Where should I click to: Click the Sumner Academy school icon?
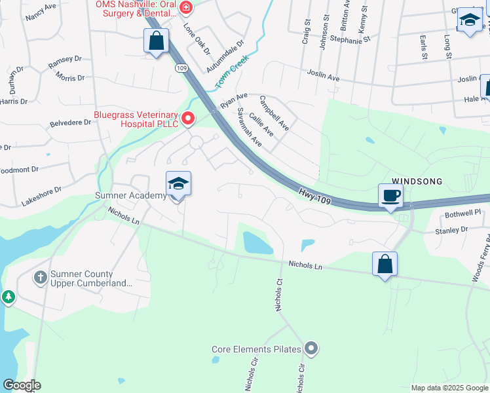point(178,184)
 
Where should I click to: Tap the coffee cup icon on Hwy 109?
point(390,196)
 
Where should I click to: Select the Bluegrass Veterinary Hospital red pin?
point(188,119)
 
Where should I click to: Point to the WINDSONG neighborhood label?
point(417,181)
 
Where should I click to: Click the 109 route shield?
point(181,67)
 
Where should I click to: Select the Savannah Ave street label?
point(250,127)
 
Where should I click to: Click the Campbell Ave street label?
point(274,113)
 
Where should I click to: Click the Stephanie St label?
point(350,40)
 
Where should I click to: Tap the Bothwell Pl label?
point(462,213)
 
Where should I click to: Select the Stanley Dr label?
point(451,230)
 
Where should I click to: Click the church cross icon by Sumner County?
point(41,278)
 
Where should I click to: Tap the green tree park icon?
point(8,297)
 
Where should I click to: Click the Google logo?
point(22,385)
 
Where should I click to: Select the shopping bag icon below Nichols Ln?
point(385,265)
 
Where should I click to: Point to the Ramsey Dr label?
point(66,63)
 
